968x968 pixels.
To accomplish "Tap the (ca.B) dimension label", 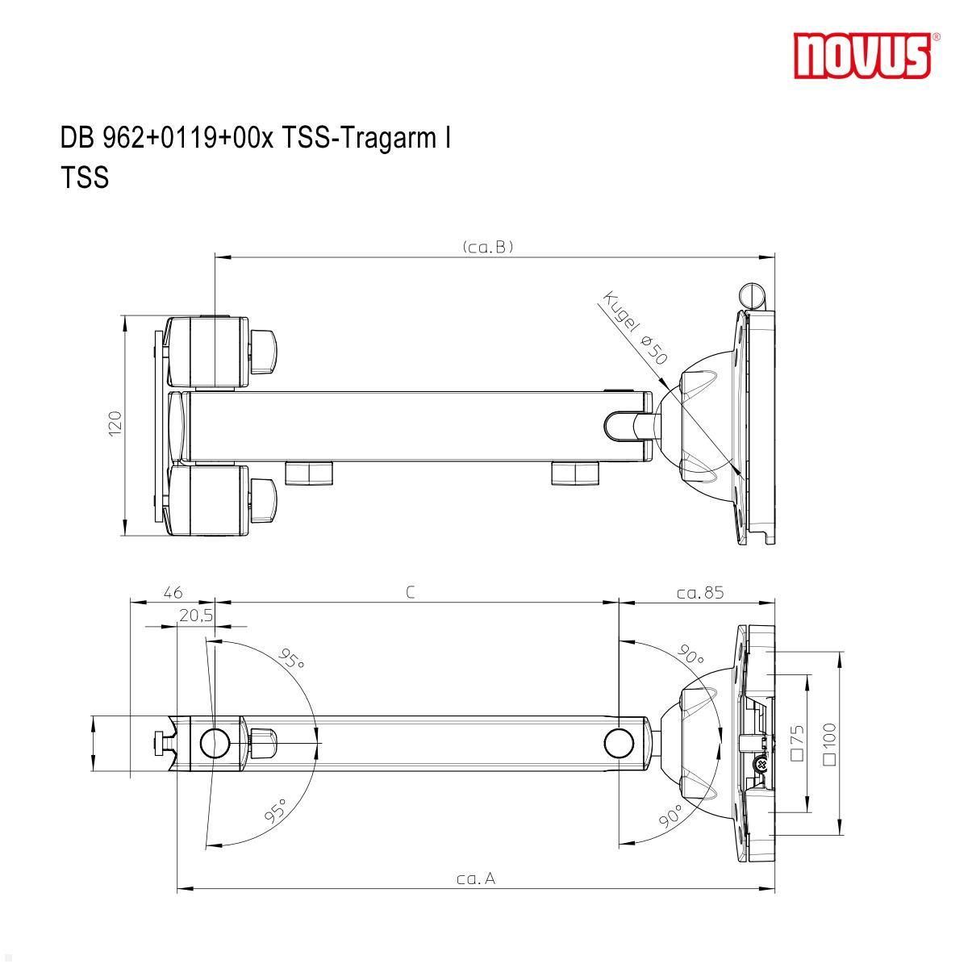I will click(488, 247).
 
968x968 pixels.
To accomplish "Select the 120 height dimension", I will click(115, 424).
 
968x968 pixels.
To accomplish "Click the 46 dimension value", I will click(173, 593).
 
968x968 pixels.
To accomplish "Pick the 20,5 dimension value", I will click(196, 615).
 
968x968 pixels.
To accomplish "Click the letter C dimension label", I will click(411, 593).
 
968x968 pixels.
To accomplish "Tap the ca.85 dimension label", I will click(700, 593).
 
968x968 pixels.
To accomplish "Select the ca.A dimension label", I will click(476, 878).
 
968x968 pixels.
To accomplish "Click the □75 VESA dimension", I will click(798, 743).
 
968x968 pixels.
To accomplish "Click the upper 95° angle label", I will click(291, 659).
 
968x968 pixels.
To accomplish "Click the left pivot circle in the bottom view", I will click(215, 742).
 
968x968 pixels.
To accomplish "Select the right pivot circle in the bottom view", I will click(618, 742).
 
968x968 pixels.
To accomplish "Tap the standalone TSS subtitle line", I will click(85, 177).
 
